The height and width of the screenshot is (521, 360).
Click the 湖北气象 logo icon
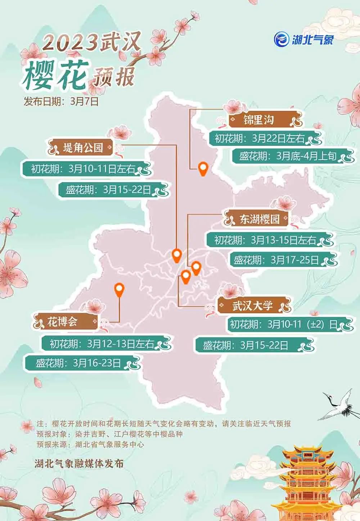[x=281, y=39]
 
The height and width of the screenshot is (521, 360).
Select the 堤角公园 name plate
[x=83, y=147]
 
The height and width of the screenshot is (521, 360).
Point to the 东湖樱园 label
[x=259, y=219]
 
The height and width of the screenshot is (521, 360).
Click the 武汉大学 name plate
[x=253, y=307]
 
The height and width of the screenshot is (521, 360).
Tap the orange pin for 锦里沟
[x=203, y=169]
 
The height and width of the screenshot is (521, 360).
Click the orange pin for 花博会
[x=119, y=289]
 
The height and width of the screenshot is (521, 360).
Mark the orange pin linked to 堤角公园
[x=176, y=255]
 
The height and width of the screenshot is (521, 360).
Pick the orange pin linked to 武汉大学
[x=186, y=277]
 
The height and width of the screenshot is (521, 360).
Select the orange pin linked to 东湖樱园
[x=196, y=268]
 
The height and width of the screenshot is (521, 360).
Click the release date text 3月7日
[x=85, y=102]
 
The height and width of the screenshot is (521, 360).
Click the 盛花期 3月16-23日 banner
[x=78, y=363]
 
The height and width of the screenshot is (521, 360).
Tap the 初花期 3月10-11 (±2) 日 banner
[x=284, y=325]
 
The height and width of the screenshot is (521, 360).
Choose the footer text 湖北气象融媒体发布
[x=79, y=463]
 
